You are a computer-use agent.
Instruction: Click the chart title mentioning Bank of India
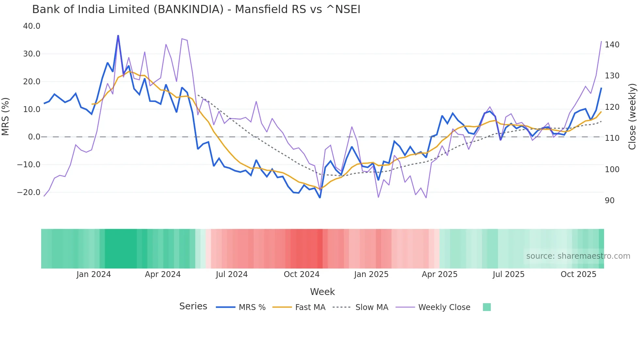(196, 9)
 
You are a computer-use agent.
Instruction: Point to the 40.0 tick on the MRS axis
(32, 26)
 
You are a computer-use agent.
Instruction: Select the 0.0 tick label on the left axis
(34, 137)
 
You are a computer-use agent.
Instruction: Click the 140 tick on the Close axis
(612, 45)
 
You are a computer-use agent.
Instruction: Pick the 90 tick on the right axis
(610, 201)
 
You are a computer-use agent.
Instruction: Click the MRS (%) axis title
(6, 117)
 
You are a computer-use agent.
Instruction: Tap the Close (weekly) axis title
(632, 117)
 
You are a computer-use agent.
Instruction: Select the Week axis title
(322, 292)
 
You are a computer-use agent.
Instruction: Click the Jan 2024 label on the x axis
(94, 274)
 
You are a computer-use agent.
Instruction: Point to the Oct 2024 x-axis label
(301, 274)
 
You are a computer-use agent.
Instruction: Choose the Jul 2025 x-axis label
(508, 274)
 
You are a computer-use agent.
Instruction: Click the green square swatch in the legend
(487, 307)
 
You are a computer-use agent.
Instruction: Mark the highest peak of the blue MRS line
(118, 36)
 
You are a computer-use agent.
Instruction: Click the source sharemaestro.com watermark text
(578, 256)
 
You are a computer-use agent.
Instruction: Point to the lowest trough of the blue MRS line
(320, 198)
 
